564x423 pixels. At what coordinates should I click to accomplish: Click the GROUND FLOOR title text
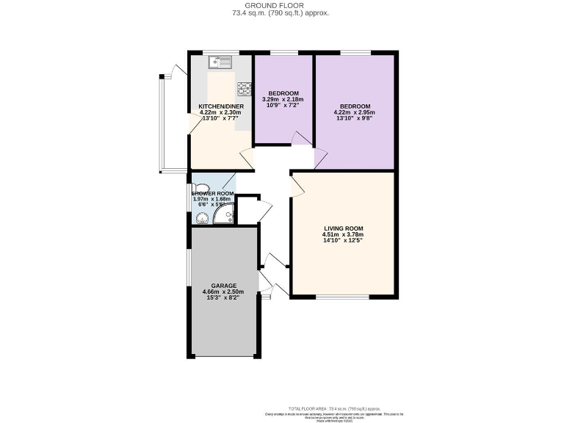pyautogui.click(x=281, y=5)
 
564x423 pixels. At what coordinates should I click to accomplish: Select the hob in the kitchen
pyautogui.click(x=244, y=90)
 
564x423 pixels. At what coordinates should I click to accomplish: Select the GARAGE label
pyautogui.click(x=223, y=285)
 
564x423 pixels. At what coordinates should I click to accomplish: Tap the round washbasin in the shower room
pyautogui.click(x=199, y=217)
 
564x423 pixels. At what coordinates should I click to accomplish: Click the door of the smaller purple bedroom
pyautogui.click(x=300, y=139)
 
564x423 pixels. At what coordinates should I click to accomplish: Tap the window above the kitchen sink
pyautogui.click(x=218, y=52)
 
